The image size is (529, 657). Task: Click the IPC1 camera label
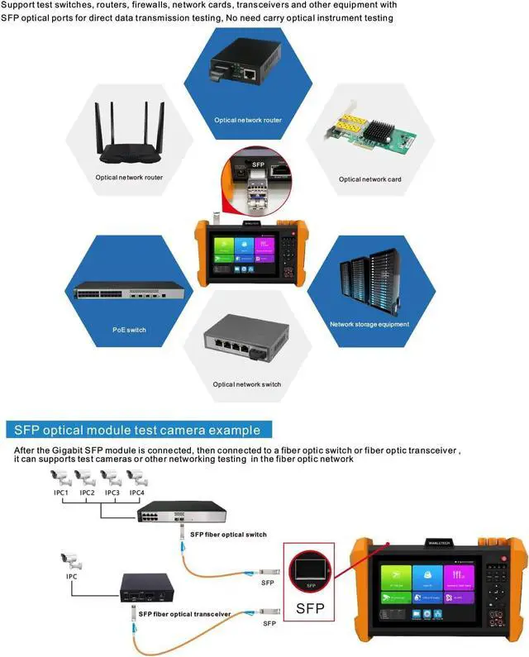60,493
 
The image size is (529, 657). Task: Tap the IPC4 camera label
136,493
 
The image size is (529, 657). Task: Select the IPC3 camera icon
110,477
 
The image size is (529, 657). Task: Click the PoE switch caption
130,330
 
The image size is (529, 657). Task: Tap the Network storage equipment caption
369,325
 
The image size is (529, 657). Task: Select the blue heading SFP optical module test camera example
137,430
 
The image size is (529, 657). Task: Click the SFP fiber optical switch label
228,535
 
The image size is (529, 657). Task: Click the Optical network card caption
369,179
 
